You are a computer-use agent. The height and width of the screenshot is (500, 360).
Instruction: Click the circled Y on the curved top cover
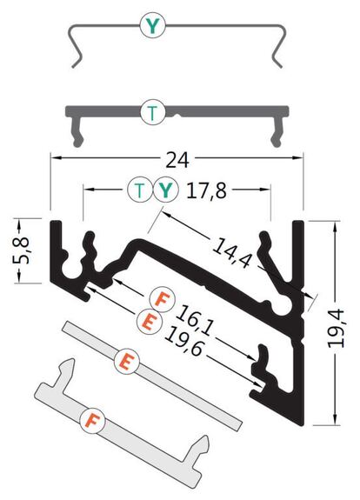pyautogui.click(x=153, y=25)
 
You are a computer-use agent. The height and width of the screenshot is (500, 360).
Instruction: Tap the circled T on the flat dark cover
pyautogui.click(x=153, y=112)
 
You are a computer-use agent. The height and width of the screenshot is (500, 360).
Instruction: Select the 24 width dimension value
pyautogui.click(x=177, y=160)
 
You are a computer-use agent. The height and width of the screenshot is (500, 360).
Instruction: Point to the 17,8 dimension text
pyautogui.click(x=206, y=190)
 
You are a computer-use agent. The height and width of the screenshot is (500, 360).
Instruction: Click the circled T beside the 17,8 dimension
pyautogui.click(x=140, y=190)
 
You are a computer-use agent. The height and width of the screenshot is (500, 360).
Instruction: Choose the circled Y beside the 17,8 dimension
pyautogui.click(x=165, y=190)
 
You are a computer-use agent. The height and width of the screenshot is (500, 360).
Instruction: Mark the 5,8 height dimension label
pyautogui.click(x=22, y=250)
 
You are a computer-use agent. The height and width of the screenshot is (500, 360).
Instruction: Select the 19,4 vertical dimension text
pyautogui.click(x=336, y=328)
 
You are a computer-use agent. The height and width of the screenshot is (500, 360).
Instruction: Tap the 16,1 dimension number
pyautogui.click(x=194, y=320)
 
